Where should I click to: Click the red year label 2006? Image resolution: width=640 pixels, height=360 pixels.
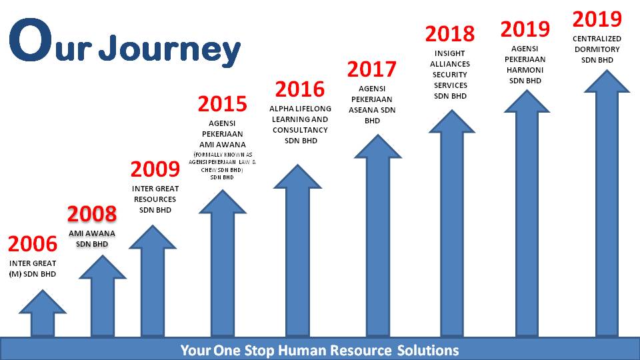[x=33, y=244]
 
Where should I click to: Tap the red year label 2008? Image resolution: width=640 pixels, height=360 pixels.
[x=92, y=214]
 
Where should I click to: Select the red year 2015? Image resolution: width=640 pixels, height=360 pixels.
[x=223, y=104]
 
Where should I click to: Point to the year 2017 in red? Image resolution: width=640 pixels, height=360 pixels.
[x=372, y=69]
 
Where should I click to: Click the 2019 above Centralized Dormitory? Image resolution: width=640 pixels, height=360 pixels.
[x=597, y=19]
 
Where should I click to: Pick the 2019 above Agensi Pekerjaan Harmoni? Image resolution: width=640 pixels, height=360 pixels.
[x=525, y=29]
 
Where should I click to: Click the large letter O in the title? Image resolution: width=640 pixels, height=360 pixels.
[x=31, y=39]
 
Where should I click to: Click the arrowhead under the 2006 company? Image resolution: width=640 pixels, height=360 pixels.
[x=43, y=301]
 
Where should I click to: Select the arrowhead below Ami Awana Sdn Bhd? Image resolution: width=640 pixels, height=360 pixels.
[x=103, y=267]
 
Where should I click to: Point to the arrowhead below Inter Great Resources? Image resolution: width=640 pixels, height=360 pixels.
[x=153, y=237]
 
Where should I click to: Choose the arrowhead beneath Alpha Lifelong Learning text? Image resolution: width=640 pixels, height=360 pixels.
[x=297, y=176]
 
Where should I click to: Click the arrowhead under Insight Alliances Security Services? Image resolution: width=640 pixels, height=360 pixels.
[x=452, y=121]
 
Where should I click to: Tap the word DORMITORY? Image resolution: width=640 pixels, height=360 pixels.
[x=597, y=49]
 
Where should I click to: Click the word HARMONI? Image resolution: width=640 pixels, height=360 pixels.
[x=525, y=70]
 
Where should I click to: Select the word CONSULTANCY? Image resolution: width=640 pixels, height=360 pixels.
[x=300, y=130]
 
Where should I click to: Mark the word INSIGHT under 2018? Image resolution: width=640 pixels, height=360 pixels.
[x=450, y=53]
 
